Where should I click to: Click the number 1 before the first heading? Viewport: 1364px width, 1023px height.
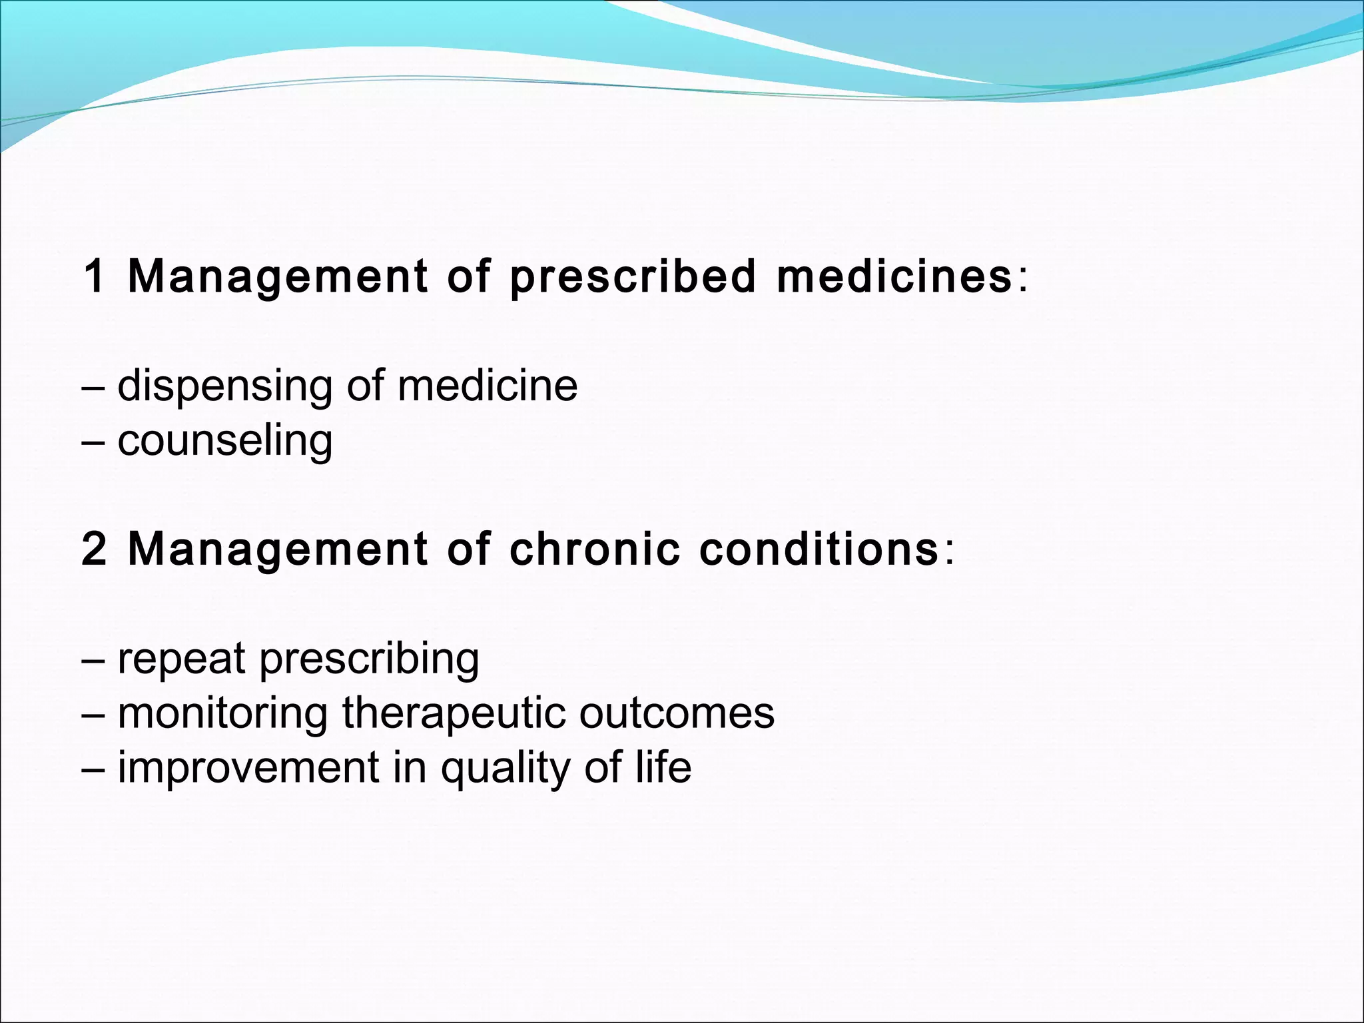95,276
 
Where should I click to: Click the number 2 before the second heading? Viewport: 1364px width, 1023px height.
95,549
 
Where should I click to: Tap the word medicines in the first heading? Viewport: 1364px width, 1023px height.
894,276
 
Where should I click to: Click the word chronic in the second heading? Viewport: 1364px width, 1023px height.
595,549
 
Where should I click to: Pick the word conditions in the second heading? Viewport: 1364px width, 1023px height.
819,549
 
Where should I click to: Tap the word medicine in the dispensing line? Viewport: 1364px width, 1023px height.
488,386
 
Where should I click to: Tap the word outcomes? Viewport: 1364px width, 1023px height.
677,713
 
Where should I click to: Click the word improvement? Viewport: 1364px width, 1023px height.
248,768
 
